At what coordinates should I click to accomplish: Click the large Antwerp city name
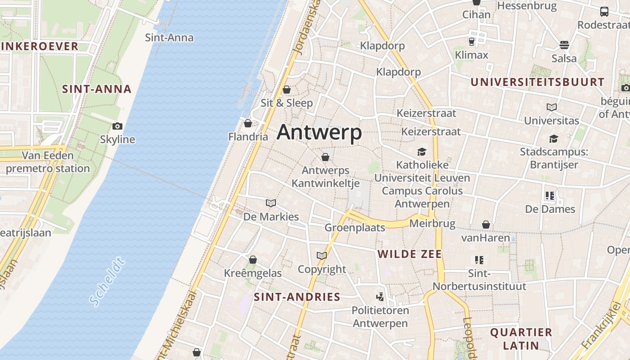tap(319, 132)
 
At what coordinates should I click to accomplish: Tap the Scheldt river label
tap(107, 281)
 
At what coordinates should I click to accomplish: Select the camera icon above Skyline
tap(117, 126)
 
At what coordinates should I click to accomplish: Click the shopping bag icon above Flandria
tap(247, 123)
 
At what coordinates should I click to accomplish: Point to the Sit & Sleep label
tap(287, 103)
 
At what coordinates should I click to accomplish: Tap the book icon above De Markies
tap(271, 203)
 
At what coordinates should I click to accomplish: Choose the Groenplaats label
tap(355, 228)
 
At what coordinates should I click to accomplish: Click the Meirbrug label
tap(432, 224)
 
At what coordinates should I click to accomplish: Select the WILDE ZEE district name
tap(409, 254)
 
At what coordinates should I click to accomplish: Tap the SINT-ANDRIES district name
tap(297, 297)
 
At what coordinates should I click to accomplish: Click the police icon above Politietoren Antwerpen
tap(380, 297)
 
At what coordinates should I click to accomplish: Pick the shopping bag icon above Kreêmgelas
tap(253, 260)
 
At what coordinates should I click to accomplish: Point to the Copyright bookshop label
tap(322, 270)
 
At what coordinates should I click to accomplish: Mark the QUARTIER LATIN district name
tap(521, 339)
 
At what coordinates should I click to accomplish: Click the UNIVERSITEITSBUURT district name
tap(537, 82)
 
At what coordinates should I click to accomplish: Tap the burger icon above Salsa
tap(564, 45)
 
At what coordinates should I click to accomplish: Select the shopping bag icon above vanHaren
tap(486, 224)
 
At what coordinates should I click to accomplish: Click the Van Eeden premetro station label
tap(48, 162)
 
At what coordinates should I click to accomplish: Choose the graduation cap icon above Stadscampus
tap(553, 139)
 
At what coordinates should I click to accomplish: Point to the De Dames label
tap(550, 209)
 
